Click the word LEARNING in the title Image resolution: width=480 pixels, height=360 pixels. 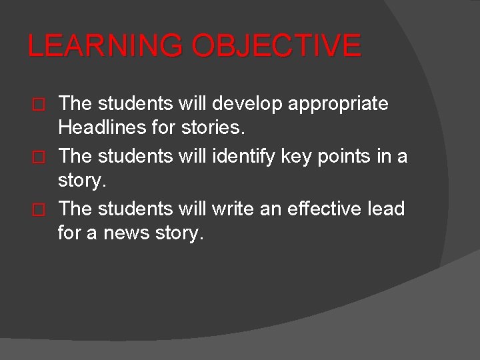(105, 46)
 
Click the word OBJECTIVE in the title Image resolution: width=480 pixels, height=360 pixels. (276, 46)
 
